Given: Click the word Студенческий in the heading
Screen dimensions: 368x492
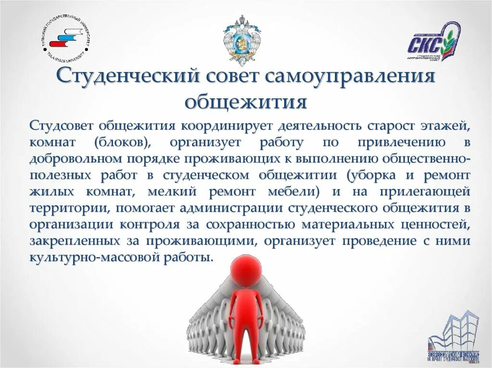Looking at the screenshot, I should [x=127, y=77].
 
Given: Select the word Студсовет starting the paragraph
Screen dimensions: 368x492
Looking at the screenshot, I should [x=61, y=126].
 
